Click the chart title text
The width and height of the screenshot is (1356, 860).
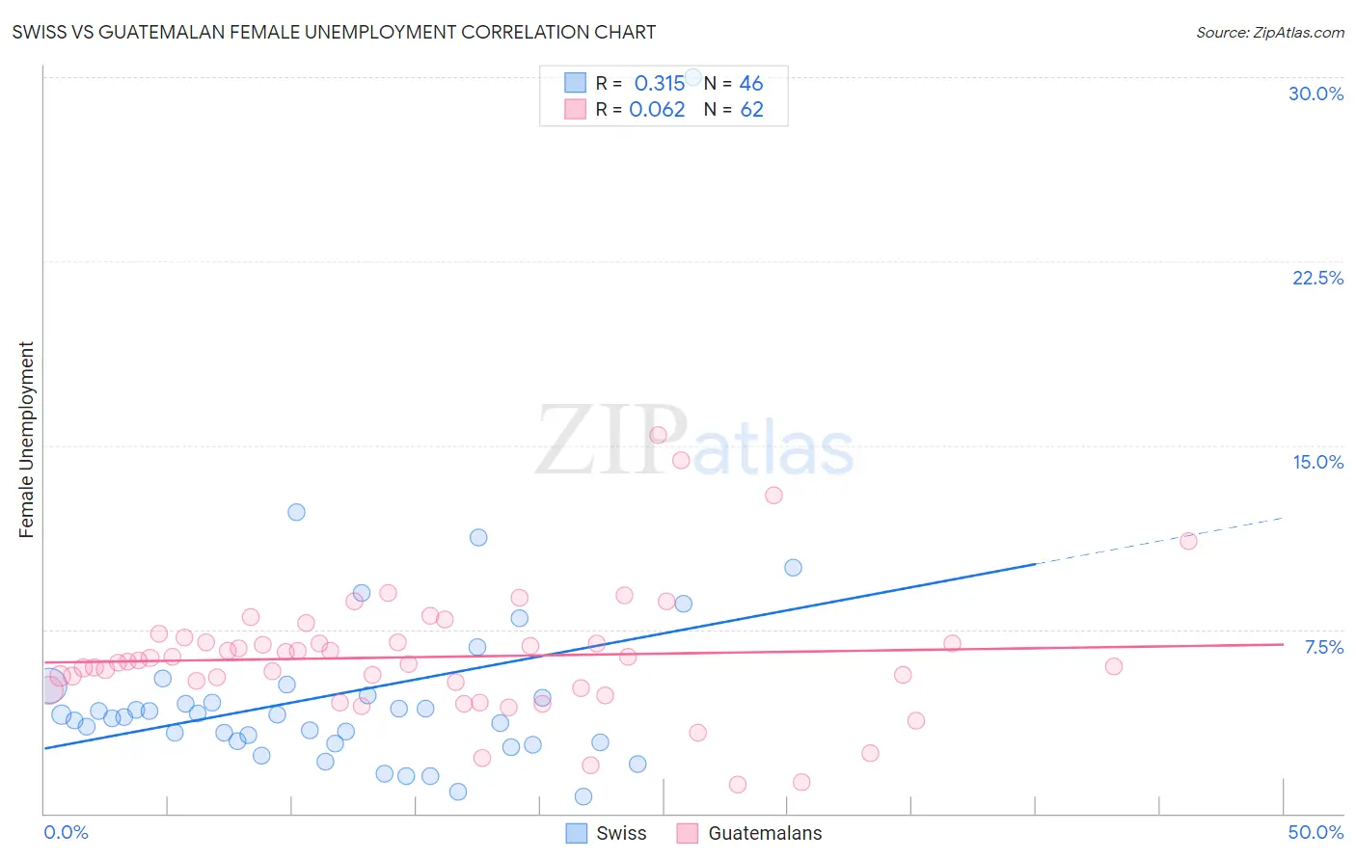(334, 32)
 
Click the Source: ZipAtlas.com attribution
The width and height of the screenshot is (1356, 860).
(1269, 32)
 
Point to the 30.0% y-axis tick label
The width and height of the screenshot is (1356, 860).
(1315, 94)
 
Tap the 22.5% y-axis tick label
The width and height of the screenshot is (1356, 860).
(1317, 278)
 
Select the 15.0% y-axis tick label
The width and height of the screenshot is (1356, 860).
(1317, 462)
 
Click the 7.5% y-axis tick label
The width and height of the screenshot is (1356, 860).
(1323, 647)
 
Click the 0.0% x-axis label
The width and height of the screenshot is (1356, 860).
(66, 832)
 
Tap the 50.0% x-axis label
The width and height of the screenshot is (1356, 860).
(1315, 832)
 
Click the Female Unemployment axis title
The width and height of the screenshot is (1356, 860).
(26, 440)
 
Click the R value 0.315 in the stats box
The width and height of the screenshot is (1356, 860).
(659, 84)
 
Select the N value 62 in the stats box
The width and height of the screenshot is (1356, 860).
(751, 110)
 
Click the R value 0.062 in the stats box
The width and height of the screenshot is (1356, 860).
(657, 110)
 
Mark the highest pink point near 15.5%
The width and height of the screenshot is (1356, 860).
(659, 435)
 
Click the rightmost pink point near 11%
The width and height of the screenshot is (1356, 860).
(1188, 541)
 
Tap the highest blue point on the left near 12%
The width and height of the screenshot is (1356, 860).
(296, 512)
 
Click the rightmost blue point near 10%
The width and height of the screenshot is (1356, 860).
(793, 568)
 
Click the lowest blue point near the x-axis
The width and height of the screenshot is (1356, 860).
(583, 796)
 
